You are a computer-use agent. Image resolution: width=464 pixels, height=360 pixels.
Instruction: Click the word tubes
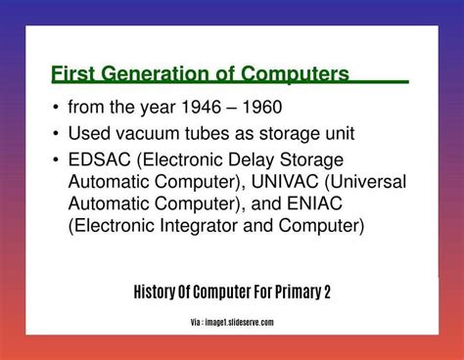point(205,133)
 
